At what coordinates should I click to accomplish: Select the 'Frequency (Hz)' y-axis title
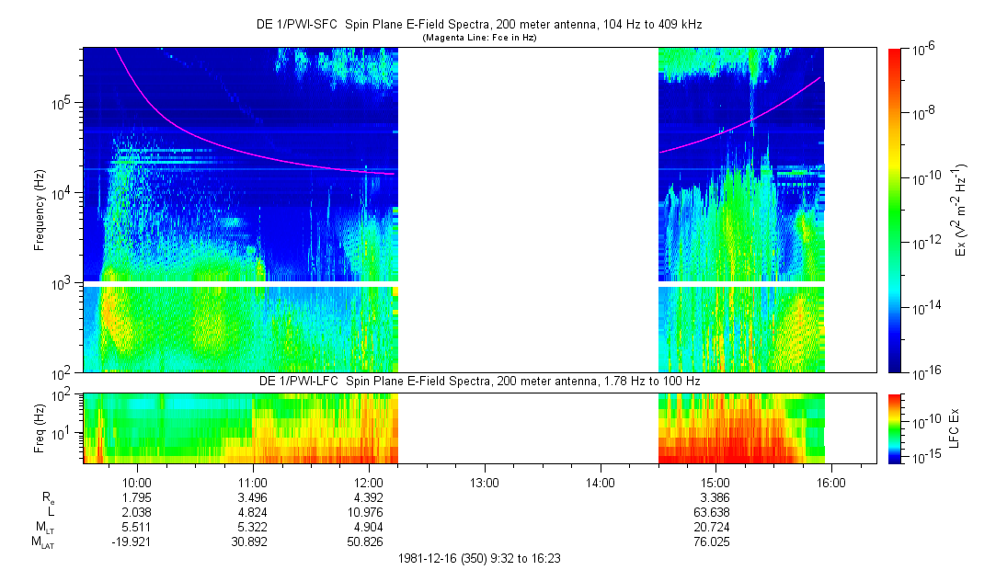40,211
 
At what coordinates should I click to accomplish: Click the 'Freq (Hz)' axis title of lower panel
40,427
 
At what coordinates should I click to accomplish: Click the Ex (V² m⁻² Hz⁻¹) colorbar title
960,211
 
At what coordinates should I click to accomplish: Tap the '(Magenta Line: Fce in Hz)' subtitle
478,38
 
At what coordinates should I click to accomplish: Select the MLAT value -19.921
137,542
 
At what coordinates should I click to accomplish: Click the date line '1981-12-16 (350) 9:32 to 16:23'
478,558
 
